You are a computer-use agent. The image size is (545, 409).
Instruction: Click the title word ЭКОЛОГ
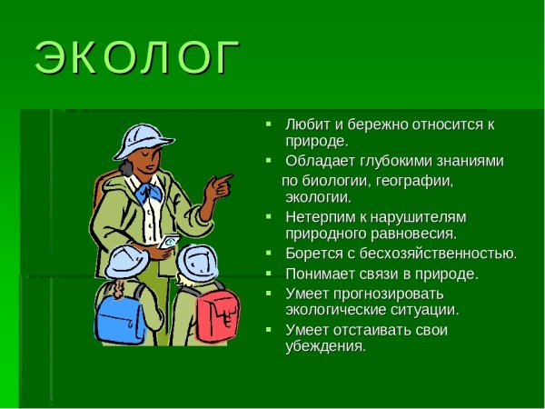point(138,58)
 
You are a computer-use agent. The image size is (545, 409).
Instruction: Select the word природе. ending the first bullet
point(316,141)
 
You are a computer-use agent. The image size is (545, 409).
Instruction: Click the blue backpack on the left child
point(119,314)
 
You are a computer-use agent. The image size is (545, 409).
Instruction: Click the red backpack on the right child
point(218,313)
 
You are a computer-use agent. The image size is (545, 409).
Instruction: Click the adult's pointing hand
point(216,187)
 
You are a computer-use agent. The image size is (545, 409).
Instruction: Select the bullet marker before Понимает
point(268,274)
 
